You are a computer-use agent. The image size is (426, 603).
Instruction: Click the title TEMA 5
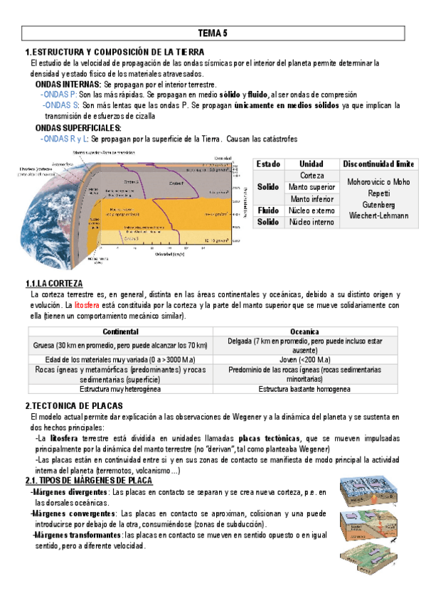[x=213, y=33]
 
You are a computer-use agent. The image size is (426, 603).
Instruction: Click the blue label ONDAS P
[x=59, y=94]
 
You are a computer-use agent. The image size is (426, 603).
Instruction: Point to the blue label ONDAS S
[x=60, y=105]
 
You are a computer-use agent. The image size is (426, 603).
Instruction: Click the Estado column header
[x=268, y=164]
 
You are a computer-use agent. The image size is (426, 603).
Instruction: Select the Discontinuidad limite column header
[x=378, y=164]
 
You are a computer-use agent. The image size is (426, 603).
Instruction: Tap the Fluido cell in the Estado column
[x=268, y=210]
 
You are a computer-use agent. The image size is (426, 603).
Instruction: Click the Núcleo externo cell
[x=311, y=210]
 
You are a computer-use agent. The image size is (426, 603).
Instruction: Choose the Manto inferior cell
[x=311, y=198]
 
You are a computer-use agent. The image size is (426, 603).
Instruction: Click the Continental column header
[x=121, y=332]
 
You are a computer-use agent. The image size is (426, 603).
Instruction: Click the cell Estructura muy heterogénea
[x=121, y=389]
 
